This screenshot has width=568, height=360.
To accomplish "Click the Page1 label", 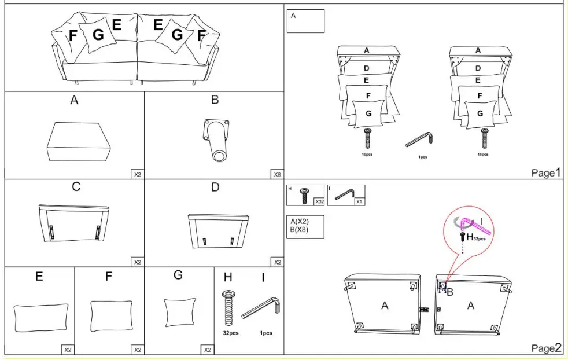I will (x=546, y=172).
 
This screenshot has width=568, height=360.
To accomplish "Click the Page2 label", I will (x=546, y=347).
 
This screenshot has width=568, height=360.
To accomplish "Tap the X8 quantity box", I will (x=277, y=174).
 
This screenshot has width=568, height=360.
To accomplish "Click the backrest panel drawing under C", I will (x=74, y=223).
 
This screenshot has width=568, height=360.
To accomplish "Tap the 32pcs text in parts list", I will (x=231, y=333).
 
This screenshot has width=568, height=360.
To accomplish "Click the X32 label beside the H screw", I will (x=319, y=201).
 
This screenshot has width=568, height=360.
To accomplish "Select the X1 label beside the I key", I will (x=359, y=201).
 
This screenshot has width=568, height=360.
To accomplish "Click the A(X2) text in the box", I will (x=300, y=221).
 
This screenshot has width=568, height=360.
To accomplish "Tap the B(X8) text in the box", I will (x=300, y=230).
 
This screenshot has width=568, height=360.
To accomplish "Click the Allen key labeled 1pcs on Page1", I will (x=420, y=139).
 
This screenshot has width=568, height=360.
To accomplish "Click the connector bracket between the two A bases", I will (x=425, y=310).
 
